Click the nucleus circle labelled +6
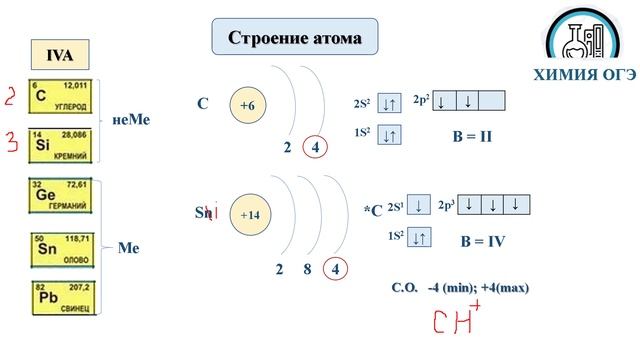point(247,105)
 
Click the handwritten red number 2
point(10,96)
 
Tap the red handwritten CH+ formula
point(455,321)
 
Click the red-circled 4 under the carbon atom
point(316,149)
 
